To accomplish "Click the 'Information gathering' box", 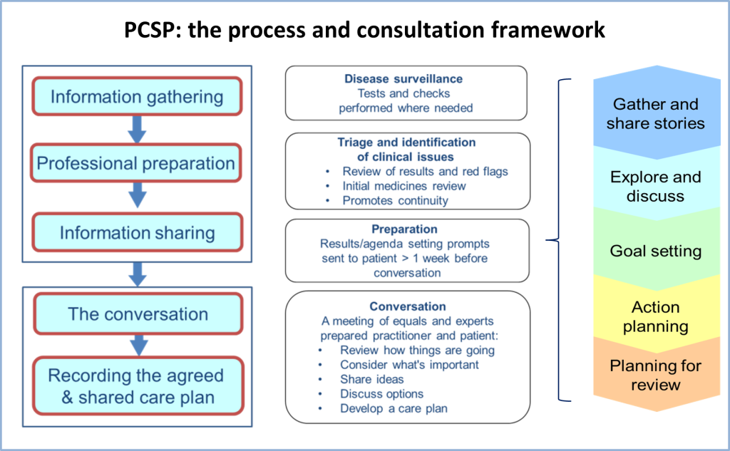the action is click(137, 96).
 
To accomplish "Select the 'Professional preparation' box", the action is click(135, 163).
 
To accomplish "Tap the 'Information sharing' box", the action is click(137, 232).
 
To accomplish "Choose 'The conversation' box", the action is click(138, 313).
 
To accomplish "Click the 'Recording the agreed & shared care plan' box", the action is click(138, 386).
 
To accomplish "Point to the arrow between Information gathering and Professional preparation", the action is click(138, 130).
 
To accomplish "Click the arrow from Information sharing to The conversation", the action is click(138, 274).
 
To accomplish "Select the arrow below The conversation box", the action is click(139, 346).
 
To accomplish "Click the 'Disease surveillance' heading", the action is click(403, 78).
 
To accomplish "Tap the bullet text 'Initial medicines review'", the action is click(404, 186).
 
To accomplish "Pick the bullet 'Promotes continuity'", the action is click(395, 201).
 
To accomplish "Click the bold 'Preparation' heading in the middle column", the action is click(404, 229).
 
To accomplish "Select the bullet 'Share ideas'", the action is click(371, 379).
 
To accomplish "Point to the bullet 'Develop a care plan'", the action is click(394, 409).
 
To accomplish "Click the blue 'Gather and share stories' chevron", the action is click(657, 113).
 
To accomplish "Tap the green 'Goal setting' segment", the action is click(657, 250).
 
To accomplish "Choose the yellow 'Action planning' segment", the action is click(657, 316).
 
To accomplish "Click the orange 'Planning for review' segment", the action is click(657, 375).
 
